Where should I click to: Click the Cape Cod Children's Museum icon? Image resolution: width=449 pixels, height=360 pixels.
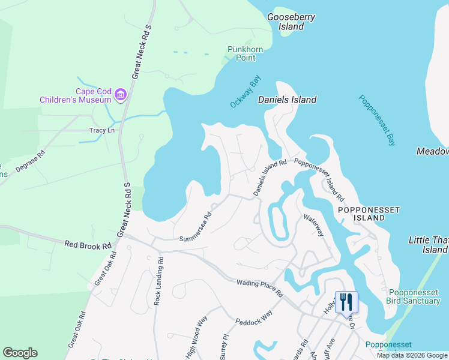[119, 94]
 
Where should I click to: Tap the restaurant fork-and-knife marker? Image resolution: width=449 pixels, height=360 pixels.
[345, 301]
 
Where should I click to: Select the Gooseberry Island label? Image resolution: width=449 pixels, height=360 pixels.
[291, 22]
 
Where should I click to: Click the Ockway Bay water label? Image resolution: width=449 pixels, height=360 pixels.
[246, 92]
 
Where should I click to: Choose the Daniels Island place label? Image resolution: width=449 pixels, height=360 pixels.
[287, 100]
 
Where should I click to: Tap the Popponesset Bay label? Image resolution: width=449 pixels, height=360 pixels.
[378, 120]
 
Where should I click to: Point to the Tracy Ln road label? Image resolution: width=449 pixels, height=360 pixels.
[101, 130]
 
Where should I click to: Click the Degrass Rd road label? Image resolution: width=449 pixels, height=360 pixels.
[31, 162]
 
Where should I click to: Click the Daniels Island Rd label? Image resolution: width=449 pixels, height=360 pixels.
[270, 177]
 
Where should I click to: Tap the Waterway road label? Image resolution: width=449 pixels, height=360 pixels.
[313, 226]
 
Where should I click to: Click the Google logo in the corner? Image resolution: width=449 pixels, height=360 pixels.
[20, 352]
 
